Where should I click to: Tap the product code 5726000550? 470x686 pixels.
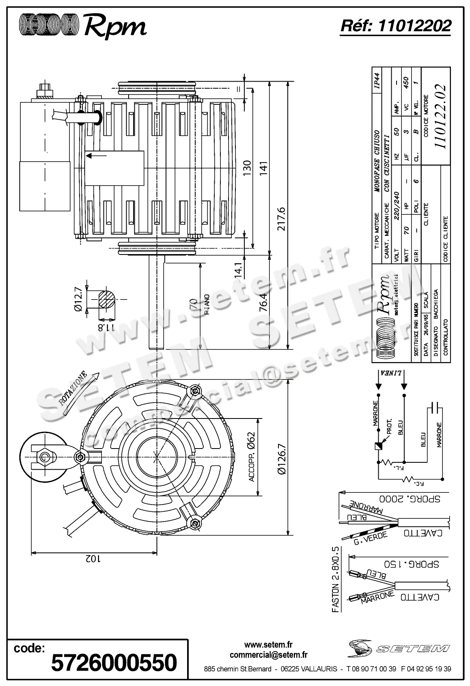click(x=114, y=662)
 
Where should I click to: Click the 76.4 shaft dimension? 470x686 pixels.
click(x=263, y=301)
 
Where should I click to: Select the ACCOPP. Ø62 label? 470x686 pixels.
click(x=251, y=457)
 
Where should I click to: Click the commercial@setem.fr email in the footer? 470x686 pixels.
click(x=268, y=655)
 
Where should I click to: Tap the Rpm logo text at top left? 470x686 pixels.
click(x=115, y=27)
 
